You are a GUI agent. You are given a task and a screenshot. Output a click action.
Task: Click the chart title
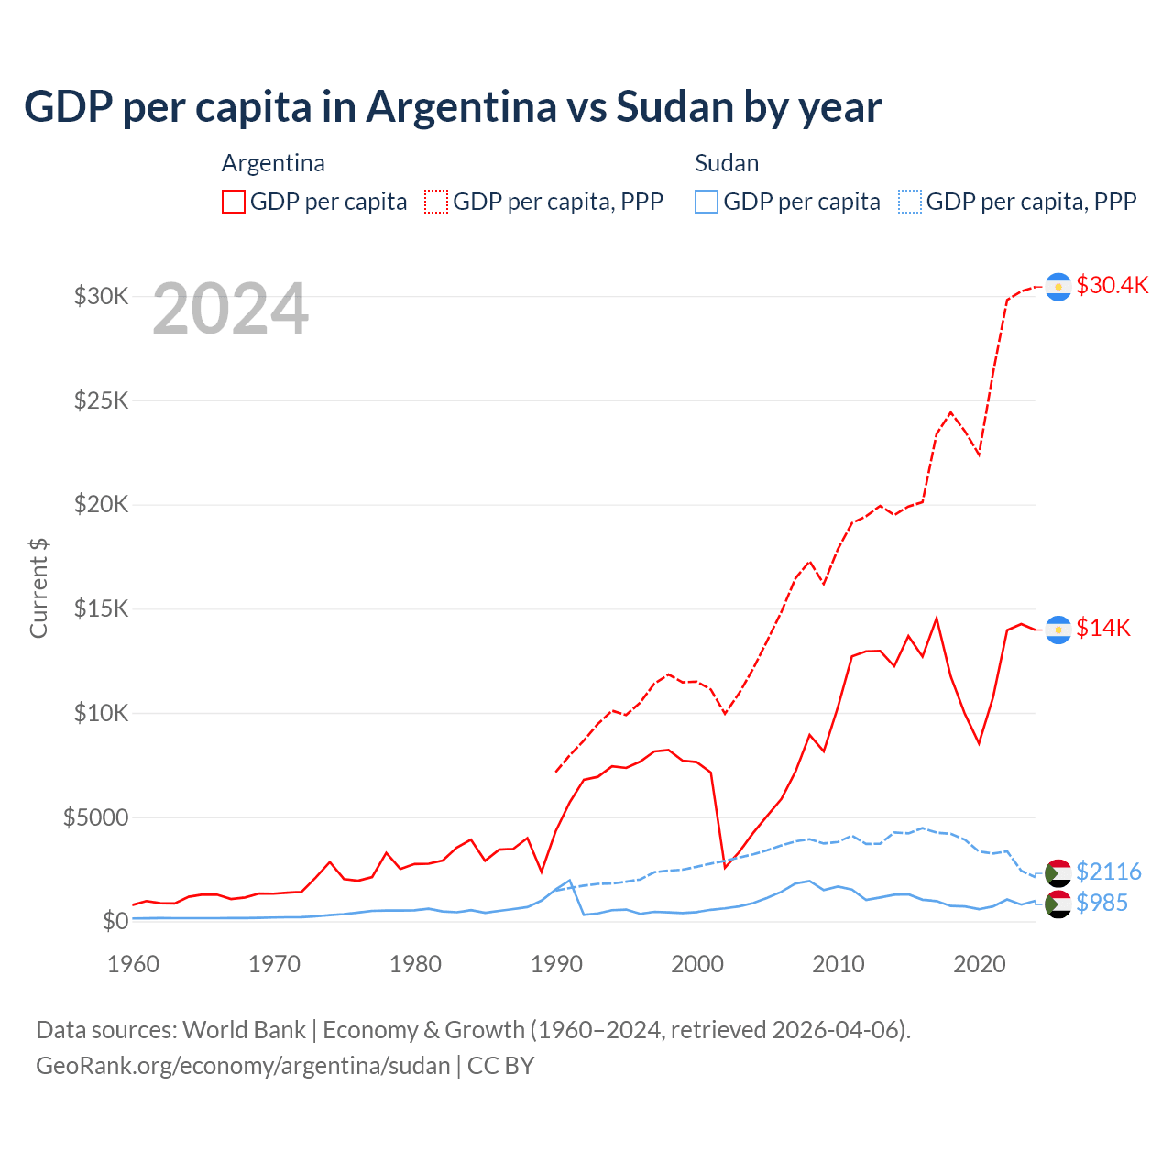click(453, 107)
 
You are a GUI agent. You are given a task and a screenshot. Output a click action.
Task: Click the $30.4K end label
click(1112, 285)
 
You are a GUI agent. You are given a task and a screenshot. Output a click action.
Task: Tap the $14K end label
click(1103, 628)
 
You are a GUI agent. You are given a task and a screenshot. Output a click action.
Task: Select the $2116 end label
click(1109, 871)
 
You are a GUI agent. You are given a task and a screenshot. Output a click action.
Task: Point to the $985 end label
click(1102, 903)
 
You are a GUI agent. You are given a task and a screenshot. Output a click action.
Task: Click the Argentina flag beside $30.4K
click(1058, 287)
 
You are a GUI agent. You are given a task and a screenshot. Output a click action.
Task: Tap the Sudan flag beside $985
click(1058, 904)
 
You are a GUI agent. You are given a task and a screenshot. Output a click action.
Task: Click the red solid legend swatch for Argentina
click(234, 202)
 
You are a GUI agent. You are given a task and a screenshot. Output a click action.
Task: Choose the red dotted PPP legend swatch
click(436, 202)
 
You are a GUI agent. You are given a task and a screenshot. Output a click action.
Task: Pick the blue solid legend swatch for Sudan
click(707, 202)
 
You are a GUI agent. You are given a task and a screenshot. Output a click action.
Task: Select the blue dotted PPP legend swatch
click(910, 202)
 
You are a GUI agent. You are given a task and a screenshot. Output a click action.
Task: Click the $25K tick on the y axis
click(101, 400)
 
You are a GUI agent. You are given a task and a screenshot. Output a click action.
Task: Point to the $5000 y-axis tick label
click(95, 817)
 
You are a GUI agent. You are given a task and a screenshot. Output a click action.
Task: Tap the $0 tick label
click(115, 921)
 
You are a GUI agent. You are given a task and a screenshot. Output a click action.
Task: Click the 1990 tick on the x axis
click(556, 964)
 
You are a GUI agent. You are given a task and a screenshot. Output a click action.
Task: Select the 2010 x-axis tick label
click(839, 964)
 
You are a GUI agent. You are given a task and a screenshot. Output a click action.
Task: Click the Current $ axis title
click(38, 588)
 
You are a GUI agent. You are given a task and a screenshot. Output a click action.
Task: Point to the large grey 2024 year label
click(230, 310)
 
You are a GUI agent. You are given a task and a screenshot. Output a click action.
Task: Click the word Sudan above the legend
click(727, 163)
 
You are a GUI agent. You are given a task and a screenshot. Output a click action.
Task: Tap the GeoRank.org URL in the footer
click(243, 1066)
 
